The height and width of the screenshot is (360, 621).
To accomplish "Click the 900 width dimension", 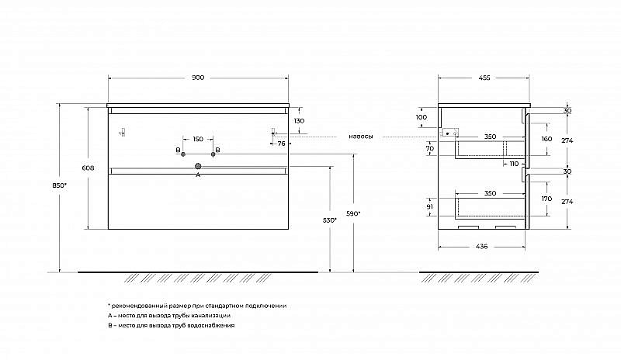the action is (x=198, y=78).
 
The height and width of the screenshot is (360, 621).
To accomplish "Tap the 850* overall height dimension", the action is (x=60, y=185).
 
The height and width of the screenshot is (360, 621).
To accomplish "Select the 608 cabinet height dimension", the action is (x=88, y=168).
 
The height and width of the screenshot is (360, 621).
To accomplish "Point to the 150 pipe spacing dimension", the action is (x=198, y=139).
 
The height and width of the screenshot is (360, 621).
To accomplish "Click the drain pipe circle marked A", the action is (x=198, y=166).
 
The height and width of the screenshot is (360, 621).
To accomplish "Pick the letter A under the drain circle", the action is (x=198, y=175).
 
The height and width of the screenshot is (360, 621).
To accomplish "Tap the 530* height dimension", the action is (x=329, y=220).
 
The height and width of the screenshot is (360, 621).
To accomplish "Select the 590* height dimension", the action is (x=353, y=213).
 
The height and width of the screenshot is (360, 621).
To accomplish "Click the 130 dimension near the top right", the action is (x=300, y=121).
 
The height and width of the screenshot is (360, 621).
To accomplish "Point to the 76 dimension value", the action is (x=281, y=144).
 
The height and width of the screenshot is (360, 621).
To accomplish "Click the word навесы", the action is (x=360, y=137).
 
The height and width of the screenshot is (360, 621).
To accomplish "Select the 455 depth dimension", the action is (x=484, y=78).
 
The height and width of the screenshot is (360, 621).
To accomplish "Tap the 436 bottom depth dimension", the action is (x=481, y=247).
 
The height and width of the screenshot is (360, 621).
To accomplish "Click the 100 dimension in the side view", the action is (x=422, y=117).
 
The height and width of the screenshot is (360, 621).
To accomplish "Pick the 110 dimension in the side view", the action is (x=514, y=164).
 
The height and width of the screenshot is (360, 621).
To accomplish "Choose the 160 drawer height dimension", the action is (x=546, y=139).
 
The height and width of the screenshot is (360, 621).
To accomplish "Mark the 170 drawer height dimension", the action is (x=546, y=199).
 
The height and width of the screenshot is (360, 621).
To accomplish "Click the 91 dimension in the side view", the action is (x=430, y=206).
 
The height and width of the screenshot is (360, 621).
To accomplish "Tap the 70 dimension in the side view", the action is (x=430, y=148).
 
